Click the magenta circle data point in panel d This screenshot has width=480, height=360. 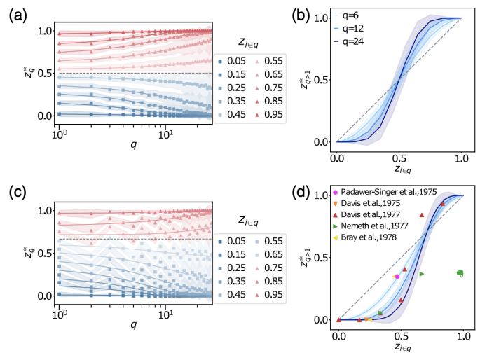tap(397, 277)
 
